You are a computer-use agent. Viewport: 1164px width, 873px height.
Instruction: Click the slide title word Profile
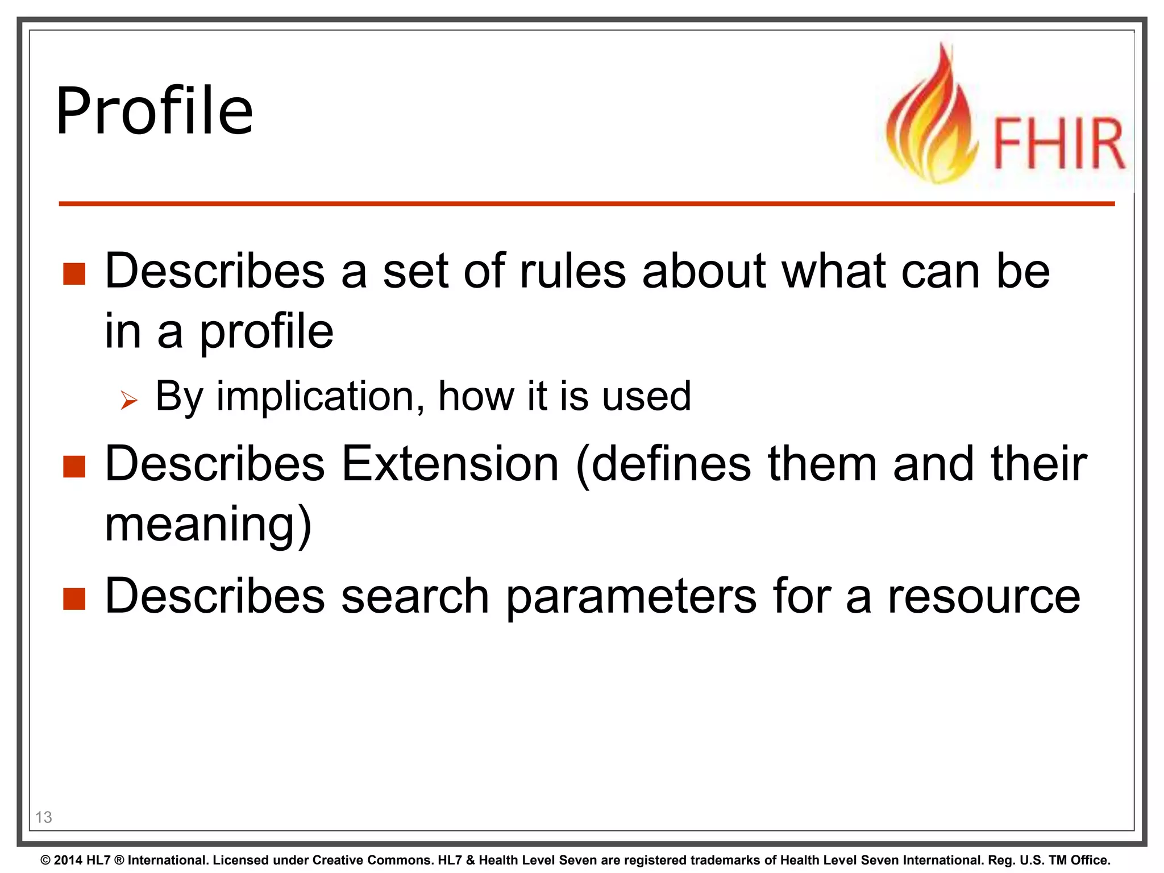pos(154,111)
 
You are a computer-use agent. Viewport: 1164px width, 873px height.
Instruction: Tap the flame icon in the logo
pos(932,119)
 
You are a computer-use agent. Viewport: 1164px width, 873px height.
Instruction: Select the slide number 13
pos(44,817)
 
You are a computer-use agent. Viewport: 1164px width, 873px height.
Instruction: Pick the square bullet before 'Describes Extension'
pos(74,467)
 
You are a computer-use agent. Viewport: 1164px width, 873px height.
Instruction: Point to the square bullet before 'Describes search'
pos(74,598)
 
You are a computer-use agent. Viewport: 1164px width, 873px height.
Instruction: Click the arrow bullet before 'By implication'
pos(129,401)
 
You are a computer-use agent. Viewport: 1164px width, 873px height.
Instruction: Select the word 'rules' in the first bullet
pos(573,271)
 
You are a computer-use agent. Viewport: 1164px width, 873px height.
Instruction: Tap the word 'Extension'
pos(450,464)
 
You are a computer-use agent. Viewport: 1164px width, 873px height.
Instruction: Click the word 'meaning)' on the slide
pos(208,525)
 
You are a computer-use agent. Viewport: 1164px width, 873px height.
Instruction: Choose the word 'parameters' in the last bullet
pos(631,596)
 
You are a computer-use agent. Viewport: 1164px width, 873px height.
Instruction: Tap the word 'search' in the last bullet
pos(415,596)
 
